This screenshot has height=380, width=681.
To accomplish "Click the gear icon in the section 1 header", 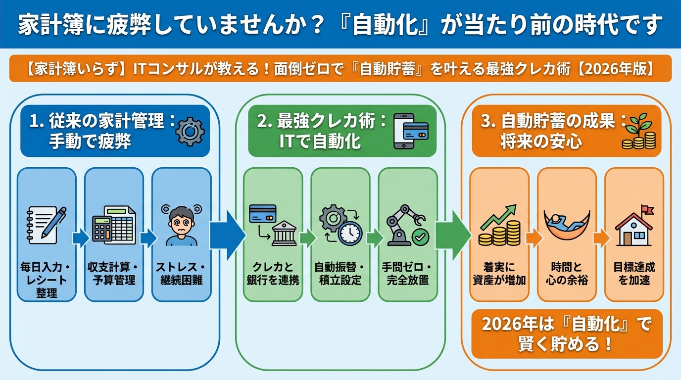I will coord(190,131).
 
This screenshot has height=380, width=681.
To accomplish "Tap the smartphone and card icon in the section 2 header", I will coord(410,131).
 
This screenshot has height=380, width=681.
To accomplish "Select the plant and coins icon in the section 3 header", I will coord(638,132).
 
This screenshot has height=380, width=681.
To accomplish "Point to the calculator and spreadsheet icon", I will coord(114,225).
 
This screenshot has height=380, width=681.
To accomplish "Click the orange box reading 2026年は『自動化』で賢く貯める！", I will coord(566,334).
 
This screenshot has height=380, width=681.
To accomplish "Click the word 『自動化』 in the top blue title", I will coord(384,25).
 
